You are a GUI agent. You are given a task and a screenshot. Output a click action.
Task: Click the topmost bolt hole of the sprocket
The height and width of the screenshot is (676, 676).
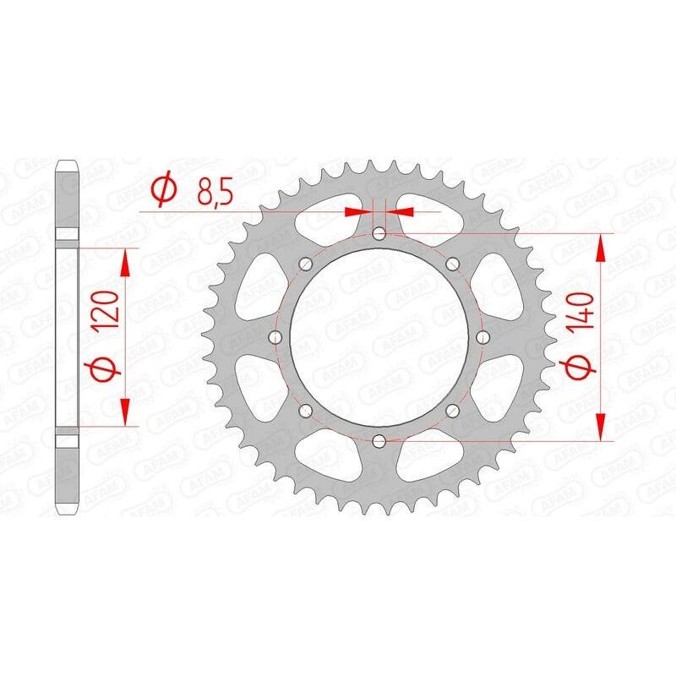click(379, 232)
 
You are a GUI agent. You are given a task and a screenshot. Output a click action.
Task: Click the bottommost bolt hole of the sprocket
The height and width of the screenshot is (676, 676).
click(379, 440)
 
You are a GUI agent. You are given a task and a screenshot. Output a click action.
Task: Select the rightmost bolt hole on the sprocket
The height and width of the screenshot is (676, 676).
click(482, 337)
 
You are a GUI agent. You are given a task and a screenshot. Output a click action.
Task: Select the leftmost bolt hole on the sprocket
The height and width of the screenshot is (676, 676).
click(275, 337)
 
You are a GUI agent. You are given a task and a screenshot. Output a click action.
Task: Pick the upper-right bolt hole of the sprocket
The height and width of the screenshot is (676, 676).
click(452, 263)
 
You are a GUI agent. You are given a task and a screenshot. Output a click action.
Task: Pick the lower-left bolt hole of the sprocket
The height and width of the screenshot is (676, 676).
click(305, 411)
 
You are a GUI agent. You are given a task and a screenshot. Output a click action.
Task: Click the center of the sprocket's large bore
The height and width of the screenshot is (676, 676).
click(379, 336)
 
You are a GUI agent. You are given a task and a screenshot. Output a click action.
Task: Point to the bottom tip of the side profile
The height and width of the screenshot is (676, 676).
click(68, 513)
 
